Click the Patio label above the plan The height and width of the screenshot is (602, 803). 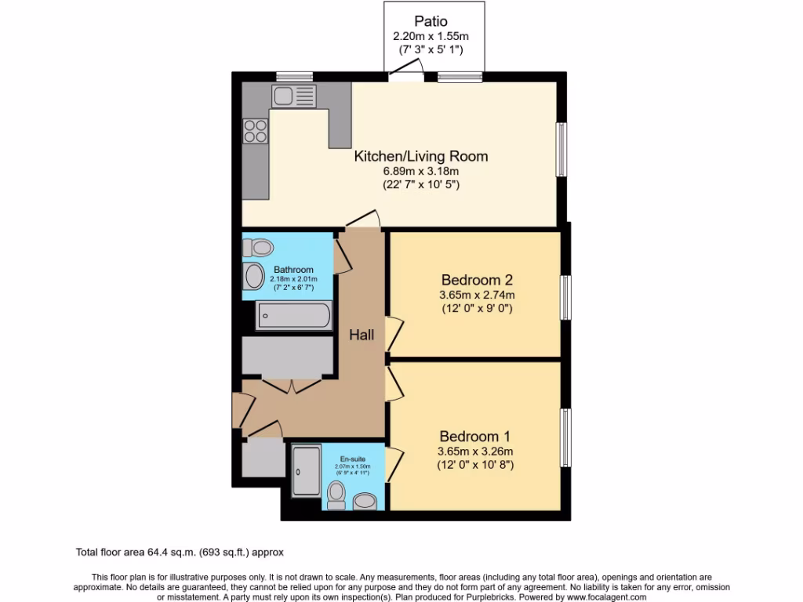point(431,22)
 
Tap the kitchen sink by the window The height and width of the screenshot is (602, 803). point(294,97)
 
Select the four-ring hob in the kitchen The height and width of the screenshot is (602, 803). point(255,130)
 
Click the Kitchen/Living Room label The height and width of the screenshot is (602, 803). point(420,156)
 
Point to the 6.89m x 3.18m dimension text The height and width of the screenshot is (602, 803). point(420,171)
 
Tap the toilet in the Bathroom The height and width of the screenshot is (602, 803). point(257,248)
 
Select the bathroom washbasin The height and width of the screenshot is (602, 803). point(254,276)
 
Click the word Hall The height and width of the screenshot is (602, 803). point(362,335)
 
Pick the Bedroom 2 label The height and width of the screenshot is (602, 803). point(476,280)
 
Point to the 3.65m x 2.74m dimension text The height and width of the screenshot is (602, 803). point(476,295)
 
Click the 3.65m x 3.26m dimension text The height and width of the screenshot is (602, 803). point(475,451)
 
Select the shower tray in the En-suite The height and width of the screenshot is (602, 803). point(306,471)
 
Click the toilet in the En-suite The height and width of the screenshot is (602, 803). point(337,495)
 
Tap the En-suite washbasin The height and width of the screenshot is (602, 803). point(366,500)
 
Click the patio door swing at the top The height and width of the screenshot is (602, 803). point(406,72)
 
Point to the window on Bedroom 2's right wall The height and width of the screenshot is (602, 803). point(565,297)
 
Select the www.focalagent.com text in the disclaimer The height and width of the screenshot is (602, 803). point(605,597)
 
